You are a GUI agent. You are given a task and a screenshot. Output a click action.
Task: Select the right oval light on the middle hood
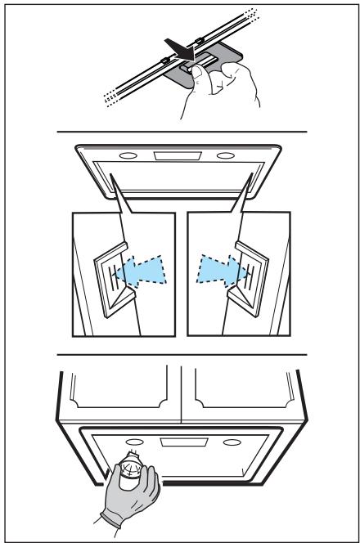pyautogui.click(x=226, y=156)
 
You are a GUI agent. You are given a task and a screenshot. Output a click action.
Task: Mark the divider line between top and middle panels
pyautogui.click(x=180, y=131)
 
